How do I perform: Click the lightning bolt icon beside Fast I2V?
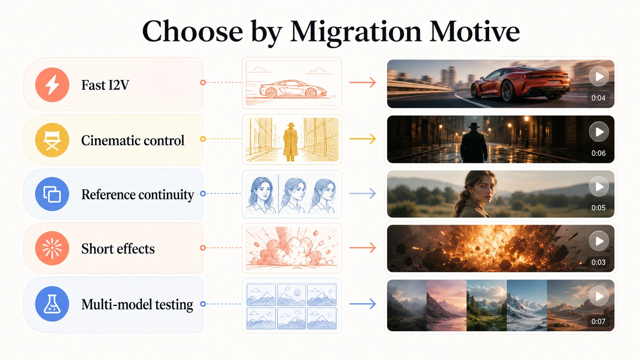point(52,85)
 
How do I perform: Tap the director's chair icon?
point(52,140)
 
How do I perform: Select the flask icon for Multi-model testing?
point(52,304)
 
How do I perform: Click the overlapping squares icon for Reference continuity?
point(52,194)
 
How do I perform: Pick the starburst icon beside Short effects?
point(52,248)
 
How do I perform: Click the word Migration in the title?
point(356,32)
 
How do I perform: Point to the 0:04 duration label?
point(598,98)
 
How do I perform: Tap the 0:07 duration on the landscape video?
point(598,321)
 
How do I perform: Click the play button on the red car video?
point(599,77)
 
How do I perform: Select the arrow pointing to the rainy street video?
point(362,139)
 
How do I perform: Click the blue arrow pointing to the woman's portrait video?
point(362,194)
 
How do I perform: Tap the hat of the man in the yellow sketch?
point(291,125)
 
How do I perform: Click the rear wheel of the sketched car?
point(271,93)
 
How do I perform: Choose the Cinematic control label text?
point(133,140)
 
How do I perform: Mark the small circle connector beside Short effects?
point(203,248)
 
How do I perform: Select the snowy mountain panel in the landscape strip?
point(527,305)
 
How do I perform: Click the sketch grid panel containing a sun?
point(291,295)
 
